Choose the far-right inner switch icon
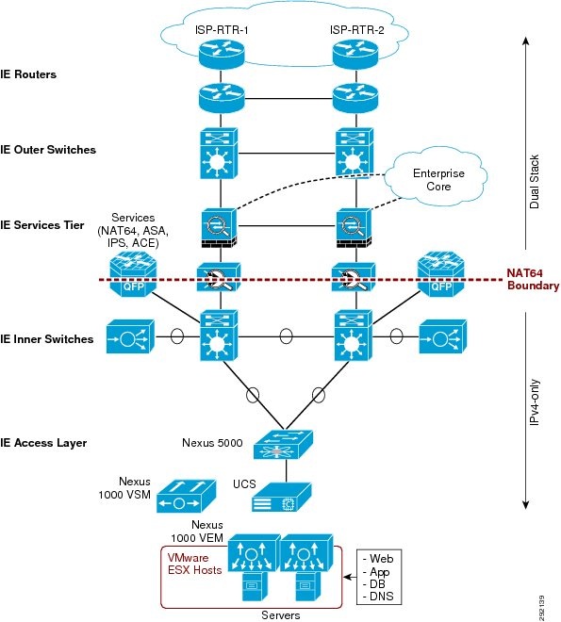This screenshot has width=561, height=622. click(439, 336)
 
